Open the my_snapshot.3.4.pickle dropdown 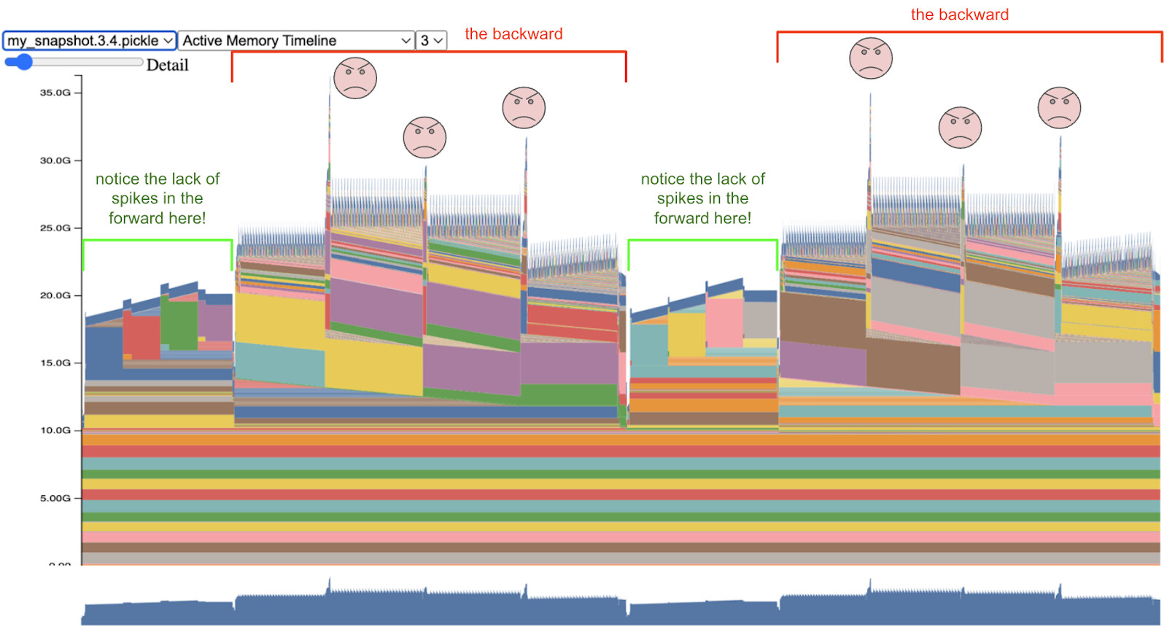pos(90,41)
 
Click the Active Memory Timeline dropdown pos(296,41)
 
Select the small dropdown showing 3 pos(431,41)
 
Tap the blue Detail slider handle pos(23,62)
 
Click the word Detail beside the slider pos(167,66)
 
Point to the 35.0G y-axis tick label pos(55,93)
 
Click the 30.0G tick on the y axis pos(55,160)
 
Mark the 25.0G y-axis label pos(55,228)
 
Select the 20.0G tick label pos(55,295)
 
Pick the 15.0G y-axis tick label pos(55,363)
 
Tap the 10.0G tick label pos(55,430)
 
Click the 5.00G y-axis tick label pos(55,498)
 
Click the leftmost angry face pos(355,78)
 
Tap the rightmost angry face pos(1059,108)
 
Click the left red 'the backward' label pos(513,34)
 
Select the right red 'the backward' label pos(959,15)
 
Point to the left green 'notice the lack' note pos(158,198)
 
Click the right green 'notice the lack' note pos(702,198)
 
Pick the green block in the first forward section pos(179,325)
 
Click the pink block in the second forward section pos(724,322)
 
